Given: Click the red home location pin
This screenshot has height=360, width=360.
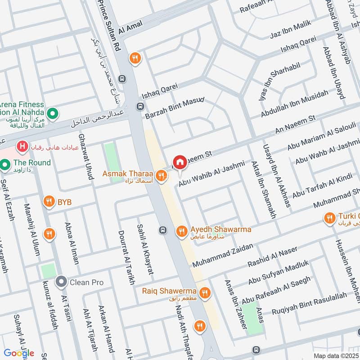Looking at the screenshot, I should pos(180,162).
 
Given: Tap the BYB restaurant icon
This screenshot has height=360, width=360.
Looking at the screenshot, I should pos(49,202).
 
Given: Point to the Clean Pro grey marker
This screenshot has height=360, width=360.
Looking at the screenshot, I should pos(61,282).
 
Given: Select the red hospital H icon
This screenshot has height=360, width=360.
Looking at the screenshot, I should pos(21,146).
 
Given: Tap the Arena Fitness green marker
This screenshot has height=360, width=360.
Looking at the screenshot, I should pos(53,113).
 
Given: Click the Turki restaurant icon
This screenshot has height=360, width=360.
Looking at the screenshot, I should pos(329,218).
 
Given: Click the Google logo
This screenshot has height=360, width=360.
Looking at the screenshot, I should pos(19,353).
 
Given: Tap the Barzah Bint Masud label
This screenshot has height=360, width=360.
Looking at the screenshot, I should pos(175,108).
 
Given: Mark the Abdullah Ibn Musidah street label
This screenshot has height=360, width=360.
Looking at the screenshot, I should pos(294,104).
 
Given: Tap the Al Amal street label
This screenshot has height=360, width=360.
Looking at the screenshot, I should pos(130,27).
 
